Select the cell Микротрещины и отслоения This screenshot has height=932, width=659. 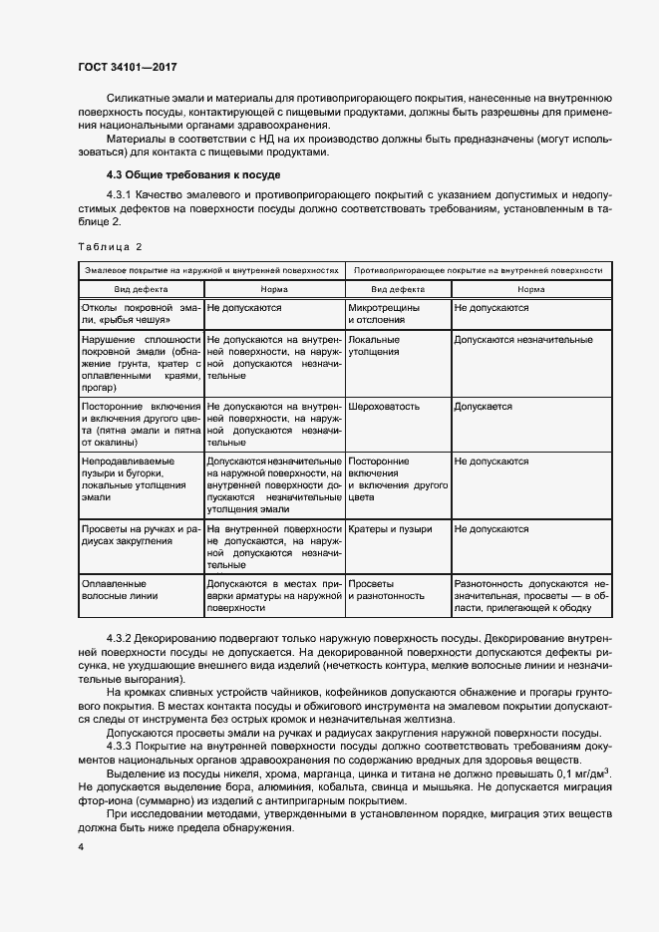point(384,315)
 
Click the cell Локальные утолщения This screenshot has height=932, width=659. point(374,346)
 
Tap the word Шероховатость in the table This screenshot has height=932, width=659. point(384,407)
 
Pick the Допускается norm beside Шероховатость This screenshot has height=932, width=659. point(483,407)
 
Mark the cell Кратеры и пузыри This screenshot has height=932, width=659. point(390,529)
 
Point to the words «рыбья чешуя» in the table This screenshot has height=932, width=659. point(126,321)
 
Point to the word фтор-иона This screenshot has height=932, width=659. point(101,801)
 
